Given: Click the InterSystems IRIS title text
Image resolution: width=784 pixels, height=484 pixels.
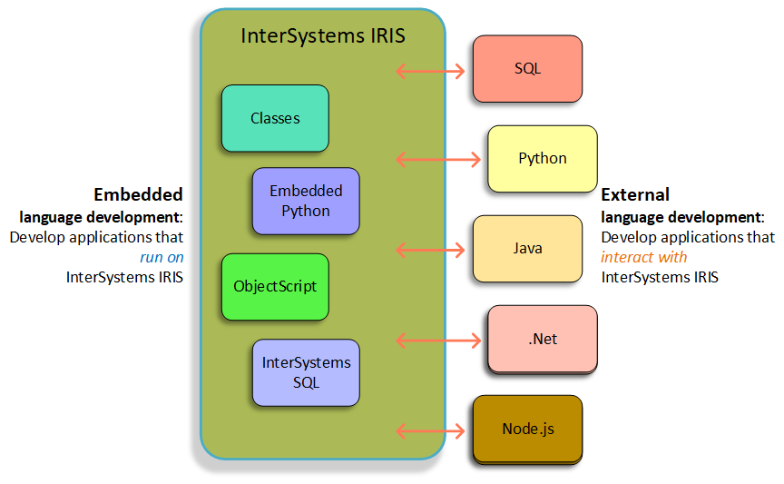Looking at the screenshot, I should pyautogui.click(x=322, y=37).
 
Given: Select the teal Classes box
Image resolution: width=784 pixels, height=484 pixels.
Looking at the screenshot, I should pyautogui.click(x=275, y=118).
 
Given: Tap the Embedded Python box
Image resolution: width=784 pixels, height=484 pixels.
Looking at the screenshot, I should pyautogui.click(x=306, y=201).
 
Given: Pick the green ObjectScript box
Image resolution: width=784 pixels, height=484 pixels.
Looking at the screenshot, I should pyautogui.click(x=275, y=286).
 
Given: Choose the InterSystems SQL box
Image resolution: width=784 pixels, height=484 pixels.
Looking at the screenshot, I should pyautogui.click(x=306, y=371).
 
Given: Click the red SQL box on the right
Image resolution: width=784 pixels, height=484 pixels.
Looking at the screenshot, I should pyautogui.click(x=527, y=68).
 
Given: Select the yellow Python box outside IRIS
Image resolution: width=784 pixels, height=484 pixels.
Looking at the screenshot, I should pyautogui.click(x=543, y=159).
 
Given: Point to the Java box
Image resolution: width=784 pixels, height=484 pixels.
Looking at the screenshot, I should pyautogui.click(x=527, y=248).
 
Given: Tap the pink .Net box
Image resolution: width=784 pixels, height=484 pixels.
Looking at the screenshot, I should pyautogui.click(x=543, y=340).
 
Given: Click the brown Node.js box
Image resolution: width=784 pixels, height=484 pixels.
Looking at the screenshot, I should pyautogui.click(x=527, y=429).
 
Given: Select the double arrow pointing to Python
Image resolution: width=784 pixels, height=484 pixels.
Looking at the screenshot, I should pyautogui.click(x=438, y=160).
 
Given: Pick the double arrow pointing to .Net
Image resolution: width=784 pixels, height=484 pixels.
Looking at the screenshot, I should pyautogui.click(x=438, y=341).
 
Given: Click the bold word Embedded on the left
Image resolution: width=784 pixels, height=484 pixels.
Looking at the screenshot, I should pyautogui.click(x=138, y=194).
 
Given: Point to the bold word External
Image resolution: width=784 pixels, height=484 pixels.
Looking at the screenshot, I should pyautogui.click(x=635, y=194).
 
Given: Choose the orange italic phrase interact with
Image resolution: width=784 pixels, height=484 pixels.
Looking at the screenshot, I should pyautogui.click(x=644, y=257).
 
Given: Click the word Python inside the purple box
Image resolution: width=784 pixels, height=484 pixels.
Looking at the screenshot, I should pyautogui.click(x=306, y=211).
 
